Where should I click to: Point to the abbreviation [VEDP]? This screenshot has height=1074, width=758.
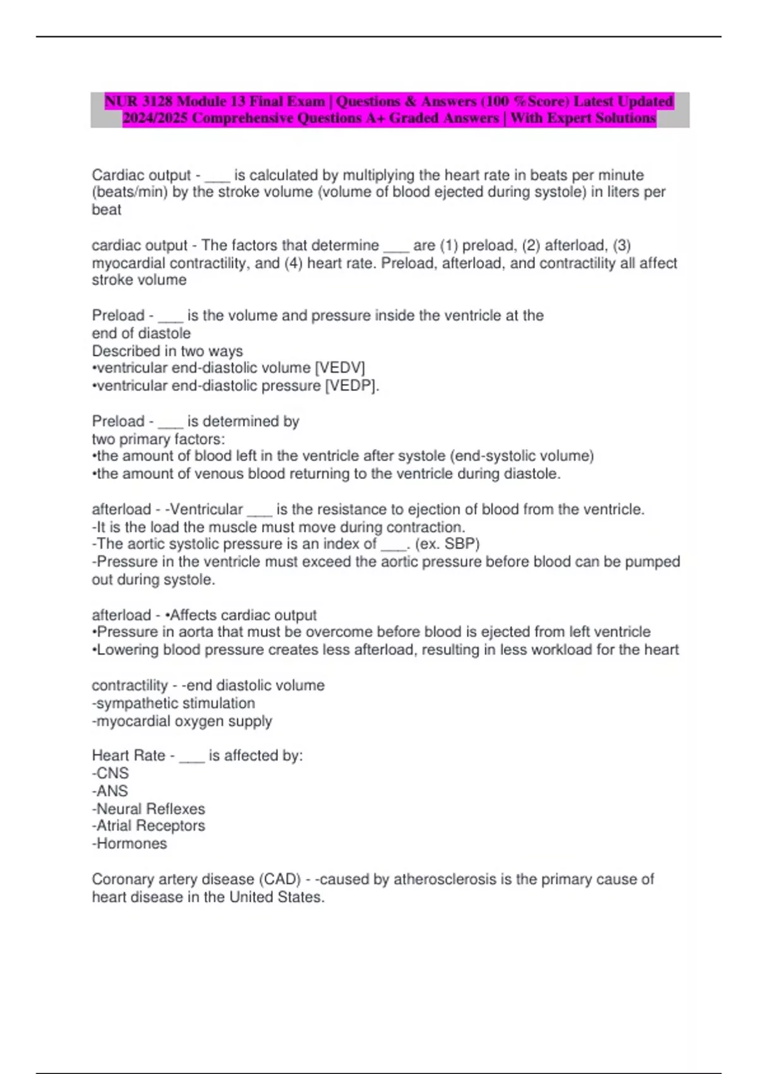pyautogui.click(x=352, y=385)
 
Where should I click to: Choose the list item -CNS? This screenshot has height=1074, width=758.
pyautogui.click(x=111, y=773)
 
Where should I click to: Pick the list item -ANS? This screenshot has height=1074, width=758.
pyautogui.click(x=110, y=791)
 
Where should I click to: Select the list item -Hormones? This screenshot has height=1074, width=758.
pyautogui.click(x=129, y=843)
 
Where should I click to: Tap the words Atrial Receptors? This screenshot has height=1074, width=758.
pyautogui.click(x=151, y=826)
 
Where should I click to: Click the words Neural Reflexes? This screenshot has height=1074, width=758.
pyautogui.click(x=151, y=809)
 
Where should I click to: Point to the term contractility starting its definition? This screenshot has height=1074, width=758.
pyautogui.click(x=129, y=685)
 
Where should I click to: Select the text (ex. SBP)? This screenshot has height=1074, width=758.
pyautogui.click(x=447, y=544)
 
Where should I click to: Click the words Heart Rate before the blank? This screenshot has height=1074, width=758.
pyautogui.click(x=128, y=756)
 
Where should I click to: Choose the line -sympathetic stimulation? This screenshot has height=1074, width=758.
pyautogui.click(x=174, y=703)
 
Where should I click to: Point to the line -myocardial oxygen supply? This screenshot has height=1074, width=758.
pyautogui.click(x=182, y=721)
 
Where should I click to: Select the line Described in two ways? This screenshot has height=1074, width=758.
pyautogui.click(x=167, y=351)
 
